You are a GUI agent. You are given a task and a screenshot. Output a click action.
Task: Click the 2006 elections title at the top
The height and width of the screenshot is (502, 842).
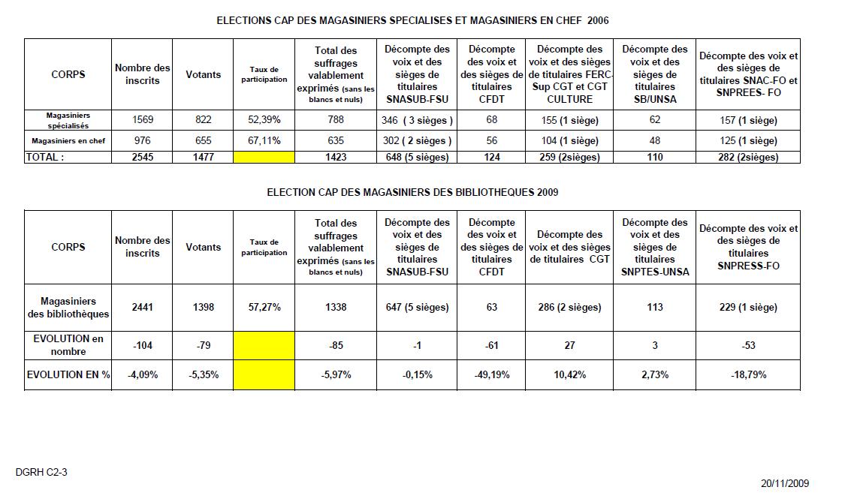click(x=412, y=20)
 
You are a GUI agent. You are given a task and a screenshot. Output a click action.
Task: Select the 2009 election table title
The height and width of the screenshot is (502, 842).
click(x=412, y=192)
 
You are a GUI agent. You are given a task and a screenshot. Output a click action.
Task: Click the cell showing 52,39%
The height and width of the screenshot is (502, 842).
click(x=264, y=119)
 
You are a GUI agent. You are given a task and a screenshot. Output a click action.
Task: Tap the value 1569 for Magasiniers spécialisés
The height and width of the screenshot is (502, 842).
click(x=142, y=119)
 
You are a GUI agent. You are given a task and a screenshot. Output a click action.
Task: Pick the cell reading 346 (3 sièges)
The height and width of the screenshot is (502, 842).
click(x=417, y=119)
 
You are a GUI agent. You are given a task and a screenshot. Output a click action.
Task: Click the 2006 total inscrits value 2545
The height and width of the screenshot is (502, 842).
click(x=142, y=157)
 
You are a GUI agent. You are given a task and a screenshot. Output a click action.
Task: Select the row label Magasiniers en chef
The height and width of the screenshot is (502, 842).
click(x=68, y=140)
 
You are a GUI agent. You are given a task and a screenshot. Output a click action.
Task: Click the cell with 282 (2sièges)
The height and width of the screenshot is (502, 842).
click(x=748, y=157)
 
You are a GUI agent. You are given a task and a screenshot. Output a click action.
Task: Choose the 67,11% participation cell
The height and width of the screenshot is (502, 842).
click(x=264, y=140)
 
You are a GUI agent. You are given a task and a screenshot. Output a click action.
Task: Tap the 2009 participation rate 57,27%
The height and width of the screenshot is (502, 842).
click(x=264, y=307)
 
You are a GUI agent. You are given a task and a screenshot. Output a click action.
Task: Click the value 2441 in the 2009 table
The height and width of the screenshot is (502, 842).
click(x=142, y=307)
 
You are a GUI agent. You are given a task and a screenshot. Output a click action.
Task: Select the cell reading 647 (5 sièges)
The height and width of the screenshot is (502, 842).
click(x=417, y=307)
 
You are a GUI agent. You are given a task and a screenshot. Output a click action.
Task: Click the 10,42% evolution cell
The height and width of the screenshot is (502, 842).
click(x=569, y=374)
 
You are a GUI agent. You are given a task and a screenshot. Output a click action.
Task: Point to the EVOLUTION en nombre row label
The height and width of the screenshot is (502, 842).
click(x=68, y=344)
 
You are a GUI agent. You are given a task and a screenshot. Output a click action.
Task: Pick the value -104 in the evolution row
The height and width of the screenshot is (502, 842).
click(x=142, y=345)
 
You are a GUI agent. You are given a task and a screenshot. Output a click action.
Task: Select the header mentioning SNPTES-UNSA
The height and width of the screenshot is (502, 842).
click(x=655, y=247)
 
